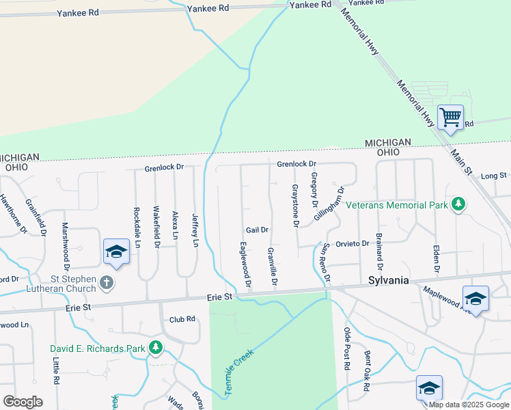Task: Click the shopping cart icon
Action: click(450, 118)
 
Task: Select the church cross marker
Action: click(106, 282)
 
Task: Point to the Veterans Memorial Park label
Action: click(396, 204)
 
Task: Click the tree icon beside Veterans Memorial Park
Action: click(460, 204)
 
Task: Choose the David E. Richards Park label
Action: click(98, 348)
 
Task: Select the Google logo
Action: click(23, 402)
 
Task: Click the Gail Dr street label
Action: click(258, 230)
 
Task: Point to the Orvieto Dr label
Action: click(355, 243)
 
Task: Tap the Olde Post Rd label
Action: click(347, 348)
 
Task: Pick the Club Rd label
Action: click(182, 319)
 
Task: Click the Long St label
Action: click(493, 176)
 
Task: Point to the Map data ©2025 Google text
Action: click(469, 405)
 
